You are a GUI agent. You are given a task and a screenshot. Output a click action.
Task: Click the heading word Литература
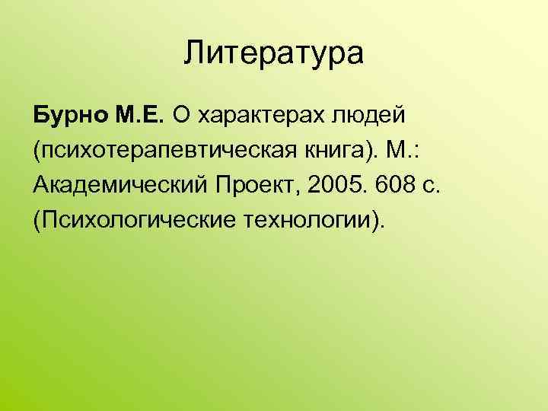[x=274, y=56]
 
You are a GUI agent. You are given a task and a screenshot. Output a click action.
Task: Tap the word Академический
[x=121, y=186]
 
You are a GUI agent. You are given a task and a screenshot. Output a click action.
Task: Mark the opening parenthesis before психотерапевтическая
[x=37, y=151]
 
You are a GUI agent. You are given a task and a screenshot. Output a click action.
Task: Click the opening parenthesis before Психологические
[x=37, y=221]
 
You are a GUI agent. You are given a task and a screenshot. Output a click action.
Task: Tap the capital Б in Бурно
[x=40, y=116]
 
